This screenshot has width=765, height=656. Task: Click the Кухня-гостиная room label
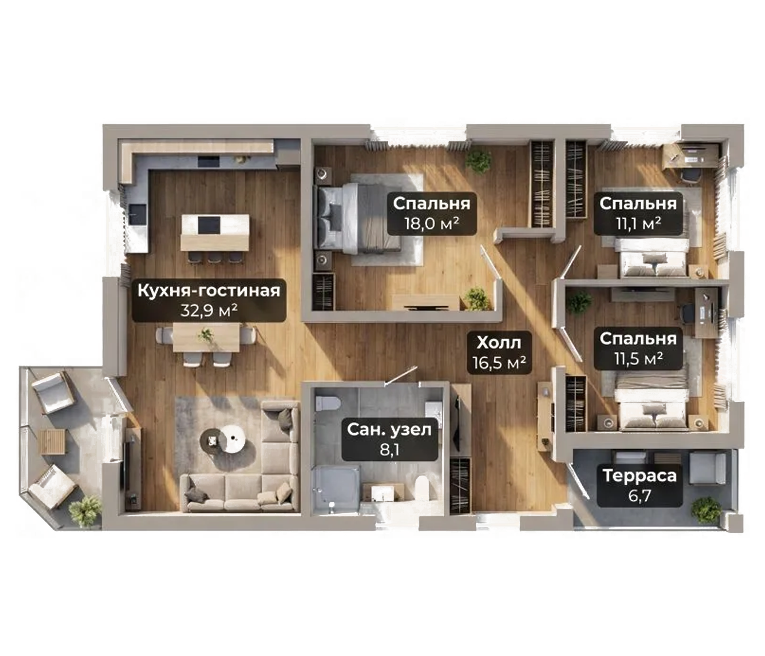[209, 291]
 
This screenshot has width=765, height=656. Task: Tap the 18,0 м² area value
[432, 223]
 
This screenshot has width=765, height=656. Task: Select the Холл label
[499, 343]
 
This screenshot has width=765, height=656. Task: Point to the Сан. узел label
[389, 430]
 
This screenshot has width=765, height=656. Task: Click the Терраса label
[639, 476]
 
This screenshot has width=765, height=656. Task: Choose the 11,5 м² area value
[638, 358]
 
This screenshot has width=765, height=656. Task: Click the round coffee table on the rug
[233, 438]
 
